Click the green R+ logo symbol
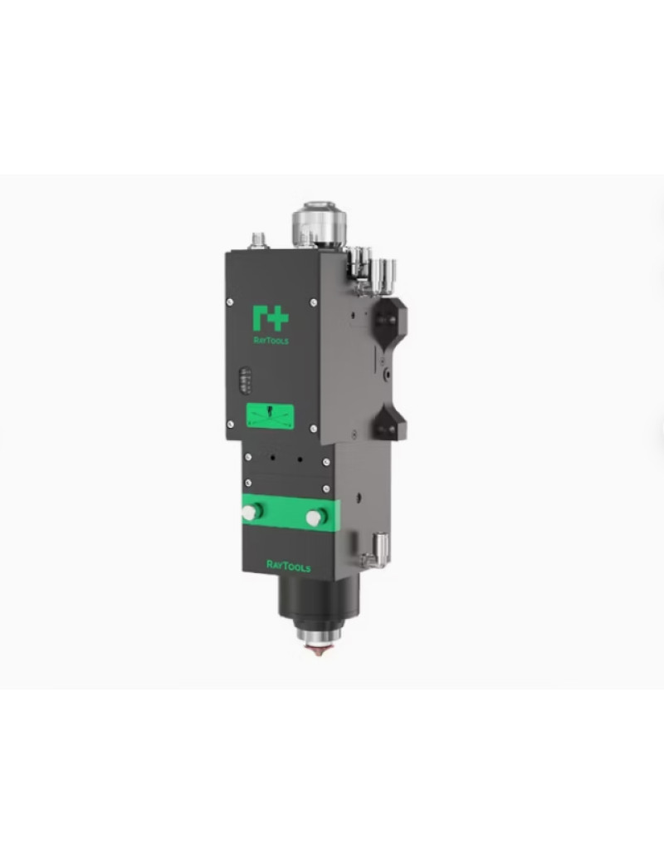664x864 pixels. pyautogui.click(x=271, y=318)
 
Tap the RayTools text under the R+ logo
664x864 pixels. pyautogui.click(x=271, y=340)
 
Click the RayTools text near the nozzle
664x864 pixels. pyautogui.click(x=289, y=566)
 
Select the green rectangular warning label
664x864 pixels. pyautogui.click(x=270, y=416)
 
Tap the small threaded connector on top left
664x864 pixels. pyautogui.click(x=257, y=240)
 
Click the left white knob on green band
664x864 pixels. pyautogui.click(x=249, y=513)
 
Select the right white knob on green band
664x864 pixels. pyautogui.click(x=315, y=518)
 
